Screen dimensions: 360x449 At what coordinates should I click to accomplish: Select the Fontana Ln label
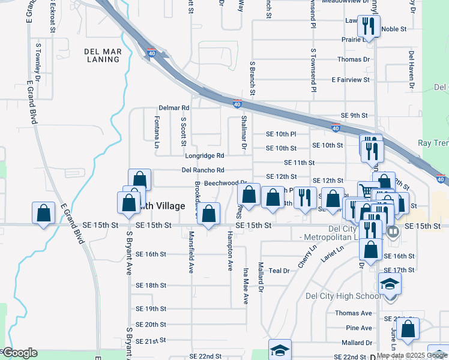pos(157,133)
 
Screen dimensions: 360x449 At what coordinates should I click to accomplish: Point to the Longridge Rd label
pos(204,156)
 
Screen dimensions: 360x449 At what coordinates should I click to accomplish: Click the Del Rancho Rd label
pos(203,170)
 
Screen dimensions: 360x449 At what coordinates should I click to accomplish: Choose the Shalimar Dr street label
pos(244,133)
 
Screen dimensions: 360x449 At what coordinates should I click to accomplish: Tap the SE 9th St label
pos(354,115)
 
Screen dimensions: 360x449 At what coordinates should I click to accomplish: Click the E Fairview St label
pos(351,80)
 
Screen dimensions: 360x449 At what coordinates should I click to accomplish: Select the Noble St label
pos(394,29)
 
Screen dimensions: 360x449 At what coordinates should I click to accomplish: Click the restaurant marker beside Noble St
pos(368,26)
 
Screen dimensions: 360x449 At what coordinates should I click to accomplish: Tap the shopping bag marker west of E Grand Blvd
pos(43,213)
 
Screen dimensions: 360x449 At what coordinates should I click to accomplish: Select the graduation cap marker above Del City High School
pos(389,283)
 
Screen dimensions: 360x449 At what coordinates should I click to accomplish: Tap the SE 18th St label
pos(151,285)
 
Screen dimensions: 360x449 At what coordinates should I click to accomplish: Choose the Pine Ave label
pos(359,328)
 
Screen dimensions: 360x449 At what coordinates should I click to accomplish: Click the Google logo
pos(20,353)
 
